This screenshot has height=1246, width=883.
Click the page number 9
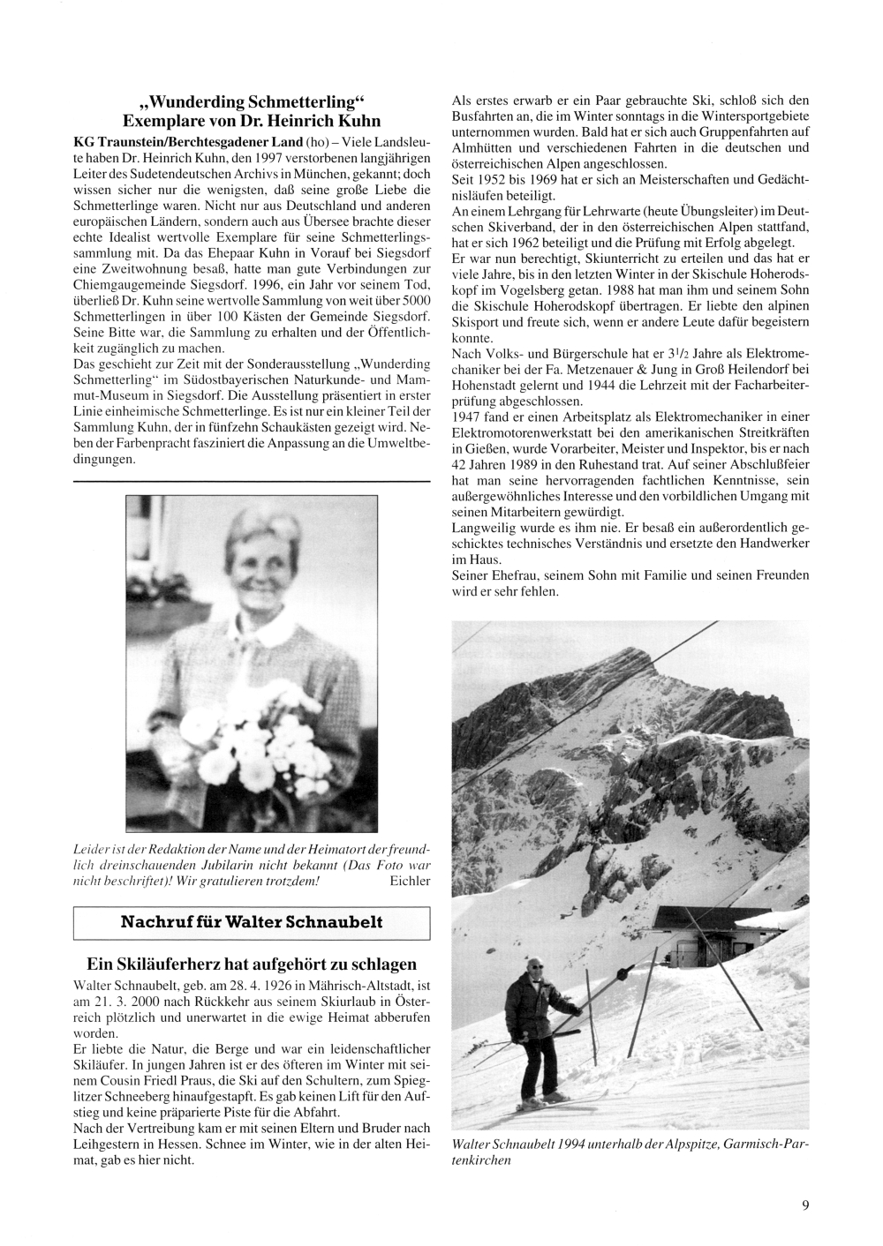coord(805,1205)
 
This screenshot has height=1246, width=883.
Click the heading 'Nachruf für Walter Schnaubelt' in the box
coord(252,922)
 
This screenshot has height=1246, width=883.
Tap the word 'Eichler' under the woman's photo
coord(408,880)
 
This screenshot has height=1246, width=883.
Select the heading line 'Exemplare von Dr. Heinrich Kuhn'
coord(252,120)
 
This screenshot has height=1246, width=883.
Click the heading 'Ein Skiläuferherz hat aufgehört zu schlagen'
coord(252,963)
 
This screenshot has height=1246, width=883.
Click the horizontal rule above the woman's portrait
coord(251,481)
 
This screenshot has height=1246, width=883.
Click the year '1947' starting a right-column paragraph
coord(465,415)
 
